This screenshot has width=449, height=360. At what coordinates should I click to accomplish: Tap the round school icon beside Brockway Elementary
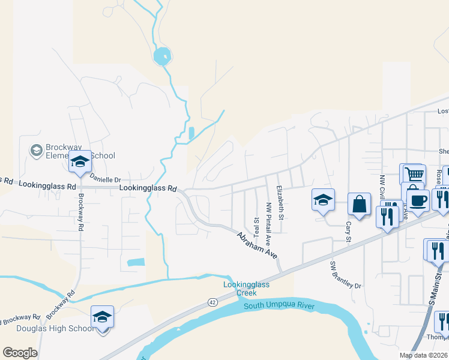(36, 149)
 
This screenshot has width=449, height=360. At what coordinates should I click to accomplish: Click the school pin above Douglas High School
(103, 318)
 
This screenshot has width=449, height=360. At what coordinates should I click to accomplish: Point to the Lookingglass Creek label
(240, 289)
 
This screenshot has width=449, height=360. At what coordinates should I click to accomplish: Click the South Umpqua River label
(279, 307)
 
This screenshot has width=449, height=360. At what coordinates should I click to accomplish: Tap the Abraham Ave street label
(256, 245)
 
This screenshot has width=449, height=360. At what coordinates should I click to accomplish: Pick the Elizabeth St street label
(279, 203)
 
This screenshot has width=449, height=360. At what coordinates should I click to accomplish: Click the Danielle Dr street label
(105, 178)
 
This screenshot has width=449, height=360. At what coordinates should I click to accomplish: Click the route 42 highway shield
(212, 302)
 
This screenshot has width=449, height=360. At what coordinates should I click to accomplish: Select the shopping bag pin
(359, 205)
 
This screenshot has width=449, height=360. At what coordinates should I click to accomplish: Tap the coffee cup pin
(418, 199)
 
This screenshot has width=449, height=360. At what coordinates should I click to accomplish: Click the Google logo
(20, 352)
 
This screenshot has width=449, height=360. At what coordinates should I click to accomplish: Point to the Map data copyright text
(424, 355)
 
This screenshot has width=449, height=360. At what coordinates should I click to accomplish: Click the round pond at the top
(161, 58)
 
